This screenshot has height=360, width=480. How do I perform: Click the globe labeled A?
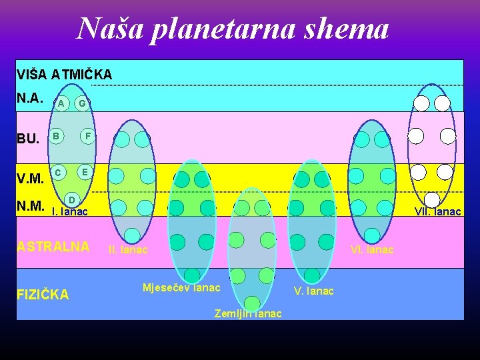61,103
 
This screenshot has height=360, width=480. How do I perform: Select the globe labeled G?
81,103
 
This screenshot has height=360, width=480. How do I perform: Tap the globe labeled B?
57,137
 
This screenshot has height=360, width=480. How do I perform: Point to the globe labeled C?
59,172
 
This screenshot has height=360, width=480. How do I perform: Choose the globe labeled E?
84,171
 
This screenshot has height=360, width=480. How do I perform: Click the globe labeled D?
73,199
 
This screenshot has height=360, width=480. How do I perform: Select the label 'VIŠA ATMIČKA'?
64,74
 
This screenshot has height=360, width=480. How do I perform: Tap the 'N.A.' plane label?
30,99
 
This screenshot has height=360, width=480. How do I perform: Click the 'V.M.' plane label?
30,178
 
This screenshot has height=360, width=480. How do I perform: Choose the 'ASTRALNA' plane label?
53,247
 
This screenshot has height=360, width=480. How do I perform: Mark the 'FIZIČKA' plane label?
43,294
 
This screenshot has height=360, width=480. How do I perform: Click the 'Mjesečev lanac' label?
181,288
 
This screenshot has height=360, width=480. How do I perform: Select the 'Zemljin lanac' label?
248,313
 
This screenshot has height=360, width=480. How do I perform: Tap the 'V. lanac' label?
314,291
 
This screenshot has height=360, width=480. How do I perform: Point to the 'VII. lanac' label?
437,212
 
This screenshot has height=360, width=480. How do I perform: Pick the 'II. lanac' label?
127,250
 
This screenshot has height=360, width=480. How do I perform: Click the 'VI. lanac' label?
372,250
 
